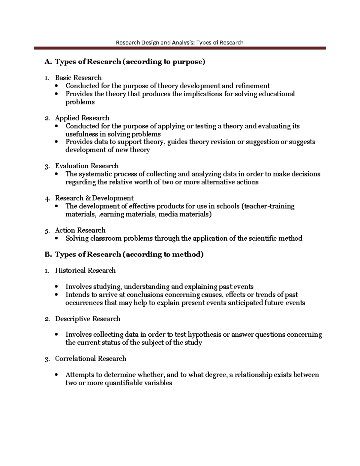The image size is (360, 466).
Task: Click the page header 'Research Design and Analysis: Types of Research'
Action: coord(179,43)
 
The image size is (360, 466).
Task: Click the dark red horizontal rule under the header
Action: coord(180,48)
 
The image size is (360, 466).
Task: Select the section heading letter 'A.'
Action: coord(48,62)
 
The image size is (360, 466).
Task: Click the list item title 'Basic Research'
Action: coord(78,78)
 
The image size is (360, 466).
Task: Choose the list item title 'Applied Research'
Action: coord(82,118)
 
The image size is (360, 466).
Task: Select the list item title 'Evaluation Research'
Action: coord(87,166)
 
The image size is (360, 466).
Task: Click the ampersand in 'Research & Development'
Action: coord(88,198)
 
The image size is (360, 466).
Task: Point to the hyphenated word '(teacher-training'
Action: coord(268,206)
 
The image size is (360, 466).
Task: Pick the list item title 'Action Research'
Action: coord(80,230)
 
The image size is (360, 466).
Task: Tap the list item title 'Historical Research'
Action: coord(85,271)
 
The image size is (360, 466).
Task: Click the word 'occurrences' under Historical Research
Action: coord(84,303)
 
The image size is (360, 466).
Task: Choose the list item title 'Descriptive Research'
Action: coord(88,319)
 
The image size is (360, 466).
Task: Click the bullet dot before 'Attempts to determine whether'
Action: coord(56,375)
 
